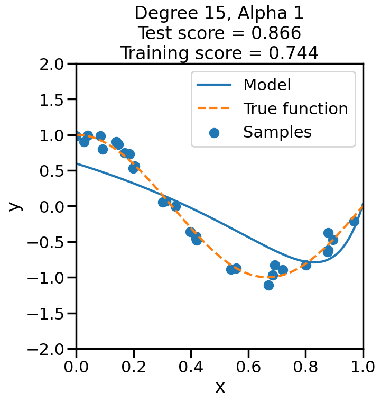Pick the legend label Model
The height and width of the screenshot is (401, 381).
tap(267, 85)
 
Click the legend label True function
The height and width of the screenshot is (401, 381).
tap(295, 108)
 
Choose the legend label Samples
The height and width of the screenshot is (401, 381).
tap(277, 132)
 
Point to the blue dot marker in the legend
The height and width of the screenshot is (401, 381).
tap(214, 132)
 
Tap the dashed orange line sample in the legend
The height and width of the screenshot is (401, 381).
tap(214, 109)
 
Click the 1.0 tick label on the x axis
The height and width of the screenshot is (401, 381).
tap(363, 367)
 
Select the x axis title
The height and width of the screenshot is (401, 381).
tap(220, 387)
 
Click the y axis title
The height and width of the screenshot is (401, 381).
tap(16, 206)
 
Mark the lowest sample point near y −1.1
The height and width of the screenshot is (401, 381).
tap(268, 285)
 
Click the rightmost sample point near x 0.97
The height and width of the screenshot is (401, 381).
tap(354, 221)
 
